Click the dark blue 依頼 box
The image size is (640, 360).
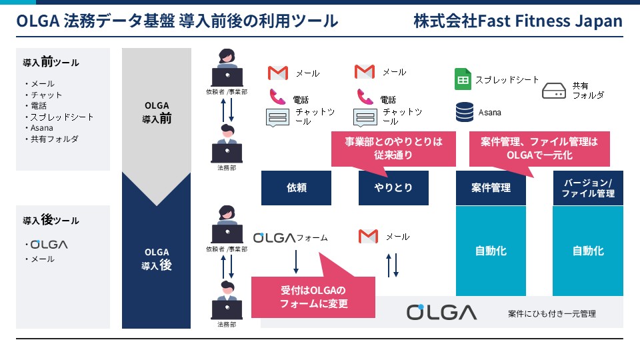coord(296,188)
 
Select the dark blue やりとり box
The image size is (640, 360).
coord(393,188)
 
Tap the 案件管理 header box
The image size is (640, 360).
coord(491,188)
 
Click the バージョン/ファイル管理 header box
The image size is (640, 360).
coord(588,188)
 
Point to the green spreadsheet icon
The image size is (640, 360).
coord(463,79)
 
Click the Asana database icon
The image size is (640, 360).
coord(465,112)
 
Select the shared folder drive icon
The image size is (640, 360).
coord(554,91)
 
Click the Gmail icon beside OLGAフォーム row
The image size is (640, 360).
coord(368,236)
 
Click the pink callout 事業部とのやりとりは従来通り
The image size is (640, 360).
coord(393,149)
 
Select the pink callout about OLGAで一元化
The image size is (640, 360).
coord(539,149)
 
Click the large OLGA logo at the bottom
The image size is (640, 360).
coord(441,313)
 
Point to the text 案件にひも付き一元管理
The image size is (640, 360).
coord(552,314)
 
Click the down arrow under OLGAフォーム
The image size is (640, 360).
coord(296,261)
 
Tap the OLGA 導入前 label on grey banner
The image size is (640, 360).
coord(157,112)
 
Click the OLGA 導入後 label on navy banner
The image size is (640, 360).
coord(157,259)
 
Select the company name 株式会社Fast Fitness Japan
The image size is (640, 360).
coord(518,21)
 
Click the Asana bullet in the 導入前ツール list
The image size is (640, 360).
coord(41,128)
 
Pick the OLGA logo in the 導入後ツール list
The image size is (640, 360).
coord(49,245)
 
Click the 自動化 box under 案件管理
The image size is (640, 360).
coord(491,251)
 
